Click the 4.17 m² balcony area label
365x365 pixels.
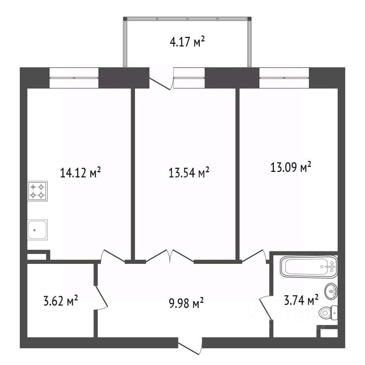[187, 42]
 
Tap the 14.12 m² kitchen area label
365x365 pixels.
[80, 173]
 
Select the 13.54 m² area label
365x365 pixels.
[189, 173]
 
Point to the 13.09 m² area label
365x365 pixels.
[291, 167]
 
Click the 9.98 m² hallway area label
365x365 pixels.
[186, 303]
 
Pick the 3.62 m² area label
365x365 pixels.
[60, 300]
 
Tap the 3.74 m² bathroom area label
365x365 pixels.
[301, 300]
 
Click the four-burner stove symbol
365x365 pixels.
[38, 191]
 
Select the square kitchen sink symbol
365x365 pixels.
[38, 230]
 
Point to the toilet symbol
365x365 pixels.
[328, 313]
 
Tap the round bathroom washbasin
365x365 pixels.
[331, 291]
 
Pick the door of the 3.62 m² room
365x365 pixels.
[101, 297]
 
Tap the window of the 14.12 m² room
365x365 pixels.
[74, 78]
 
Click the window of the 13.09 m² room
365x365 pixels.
[284, 78]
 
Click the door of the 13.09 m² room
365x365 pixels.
[254, 257]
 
